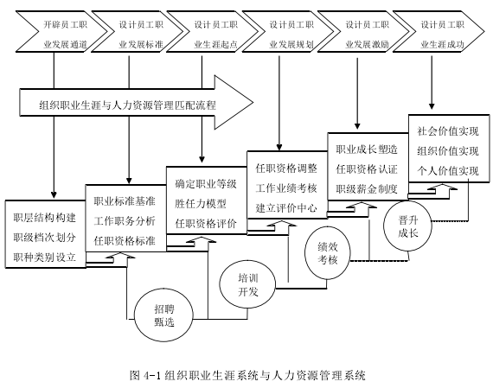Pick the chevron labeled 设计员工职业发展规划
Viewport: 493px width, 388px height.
pos(289,31)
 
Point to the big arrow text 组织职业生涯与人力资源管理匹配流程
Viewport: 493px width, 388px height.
pos(128,105)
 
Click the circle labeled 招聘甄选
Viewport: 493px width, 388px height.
pos(163,315)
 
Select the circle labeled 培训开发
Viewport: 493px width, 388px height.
pos(247,285)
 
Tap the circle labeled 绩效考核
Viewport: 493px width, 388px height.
pos(328,253)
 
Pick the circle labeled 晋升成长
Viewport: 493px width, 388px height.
pos(407,226)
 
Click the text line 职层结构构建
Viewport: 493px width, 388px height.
pos(45,218)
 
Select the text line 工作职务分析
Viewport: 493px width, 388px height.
pos(125,221)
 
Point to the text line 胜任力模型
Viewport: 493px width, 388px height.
pos(201,204)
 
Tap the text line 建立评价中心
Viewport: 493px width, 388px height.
pos(286,208)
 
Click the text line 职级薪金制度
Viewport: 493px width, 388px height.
pos(367,189)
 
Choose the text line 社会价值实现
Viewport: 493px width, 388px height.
pos(448,131)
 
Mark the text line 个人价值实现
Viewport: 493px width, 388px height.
pos(448,171)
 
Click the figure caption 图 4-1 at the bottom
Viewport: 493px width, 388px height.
pos(247,375)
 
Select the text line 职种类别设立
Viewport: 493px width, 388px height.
pos(45,258)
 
